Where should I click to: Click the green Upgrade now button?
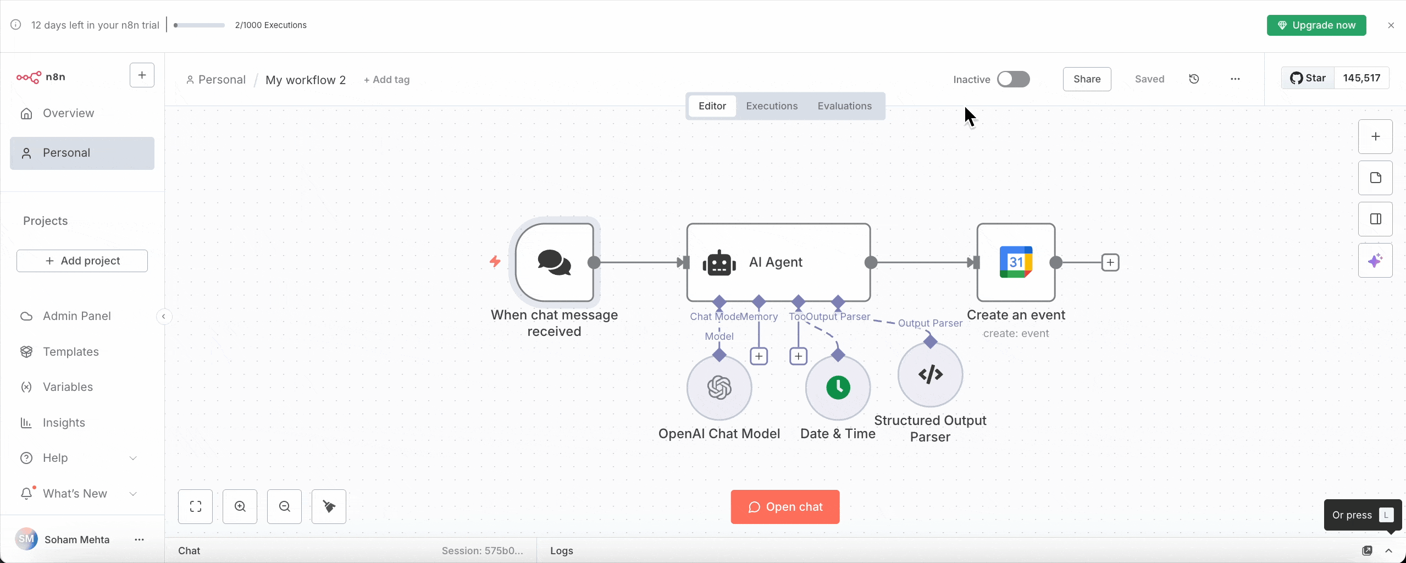pos(1316,25)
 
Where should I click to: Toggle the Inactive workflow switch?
pos(1013,79)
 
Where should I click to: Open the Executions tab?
pos(771,106)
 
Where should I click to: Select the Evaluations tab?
pos(844,106)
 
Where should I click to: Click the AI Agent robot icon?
pos(719,263)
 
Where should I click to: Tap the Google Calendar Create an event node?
pos(1015,262)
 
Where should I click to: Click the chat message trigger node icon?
pos(554,262)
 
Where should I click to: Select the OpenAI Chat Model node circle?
pos(719,388)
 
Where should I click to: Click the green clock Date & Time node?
pos(838,388)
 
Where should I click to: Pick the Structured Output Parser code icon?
pos(930,374)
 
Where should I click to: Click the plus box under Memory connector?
pos(759,356)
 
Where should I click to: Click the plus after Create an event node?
pos(1110,262)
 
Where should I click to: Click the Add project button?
pos(82,261)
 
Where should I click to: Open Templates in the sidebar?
pos(70,352)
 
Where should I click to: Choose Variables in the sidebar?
pos(68,387)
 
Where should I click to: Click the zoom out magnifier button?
pos(284,506)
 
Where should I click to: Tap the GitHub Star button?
pos(1308,78)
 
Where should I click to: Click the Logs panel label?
pos(561,550)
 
